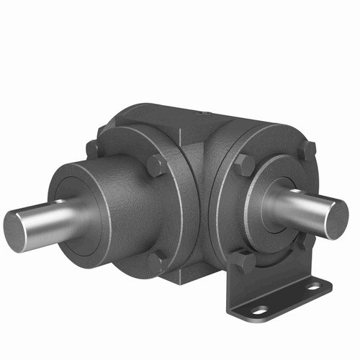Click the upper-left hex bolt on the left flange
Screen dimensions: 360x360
point(93,150)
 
